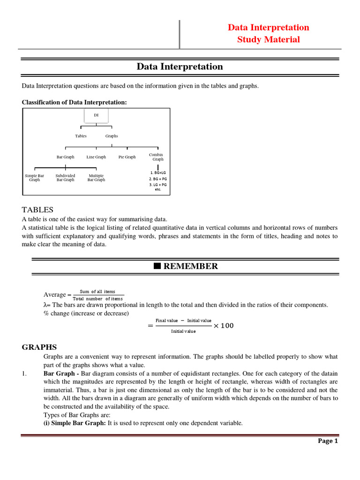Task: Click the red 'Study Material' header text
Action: (268, 39)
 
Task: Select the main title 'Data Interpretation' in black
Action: (180, 67)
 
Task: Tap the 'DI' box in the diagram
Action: (96, 115)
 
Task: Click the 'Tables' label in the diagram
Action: (81, 136)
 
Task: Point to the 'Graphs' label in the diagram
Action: (112, 136)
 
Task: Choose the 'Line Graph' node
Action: (96, 157)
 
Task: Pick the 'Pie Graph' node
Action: (127, 157)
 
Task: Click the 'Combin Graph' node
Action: (157, 157)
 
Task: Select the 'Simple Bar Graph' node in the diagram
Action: (35, 178)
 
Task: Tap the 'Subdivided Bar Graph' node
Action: (65, 178)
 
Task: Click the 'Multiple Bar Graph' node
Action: (96, 178)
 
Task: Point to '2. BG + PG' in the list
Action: (158, 179)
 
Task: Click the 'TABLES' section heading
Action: (37, 210)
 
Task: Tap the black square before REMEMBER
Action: (157, 266)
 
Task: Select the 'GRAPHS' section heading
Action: (39, 347)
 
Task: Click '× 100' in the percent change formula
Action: (224, 326)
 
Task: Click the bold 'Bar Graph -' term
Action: (61, 373)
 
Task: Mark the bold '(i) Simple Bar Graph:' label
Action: (75, 423)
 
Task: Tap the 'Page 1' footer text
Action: (328, 441)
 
